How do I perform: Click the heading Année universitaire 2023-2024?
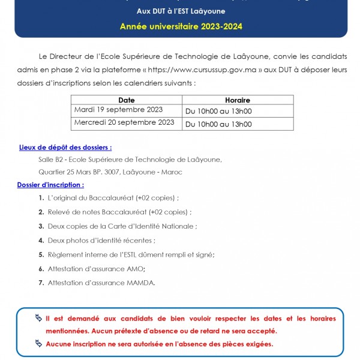point(181,27)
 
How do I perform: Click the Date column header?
point(127,100)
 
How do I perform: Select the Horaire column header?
point(237,100)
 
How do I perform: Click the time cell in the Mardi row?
point(218,111)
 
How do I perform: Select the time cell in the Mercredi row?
point(218,124)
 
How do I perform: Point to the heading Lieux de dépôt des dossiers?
point(65,147)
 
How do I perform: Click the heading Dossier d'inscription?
point(50,185)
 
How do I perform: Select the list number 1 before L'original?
point(41,197)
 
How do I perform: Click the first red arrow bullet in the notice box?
point(39,317)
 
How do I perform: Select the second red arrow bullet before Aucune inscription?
point(39,344)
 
